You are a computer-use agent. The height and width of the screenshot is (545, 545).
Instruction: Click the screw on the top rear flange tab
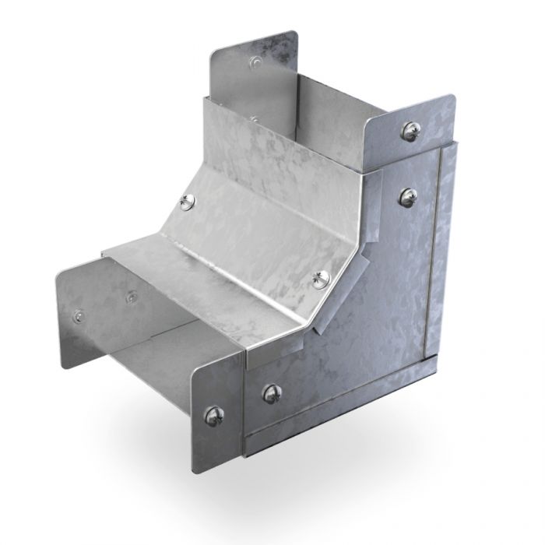(254, 60)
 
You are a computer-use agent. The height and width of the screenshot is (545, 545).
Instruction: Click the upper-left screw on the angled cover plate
(185, 202)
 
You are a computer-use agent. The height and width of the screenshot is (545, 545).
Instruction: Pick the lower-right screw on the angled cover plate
(321, 278)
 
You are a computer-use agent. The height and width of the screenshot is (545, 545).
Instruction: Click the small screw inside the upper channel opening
(254, 119)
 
